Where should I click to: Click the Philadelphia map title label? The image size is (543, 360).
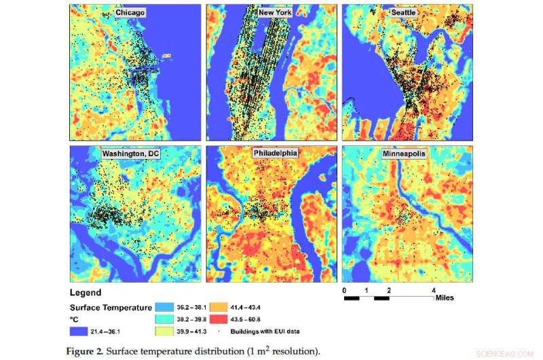(x=274, y=154)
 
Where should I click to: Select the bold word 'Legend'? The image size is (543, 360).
(x=86, y=292)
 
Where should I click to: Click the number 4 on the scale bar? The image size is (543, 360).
(x=433, y=290)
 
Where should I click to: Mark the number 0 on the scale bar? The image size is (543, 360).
(x=344, y=290)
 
